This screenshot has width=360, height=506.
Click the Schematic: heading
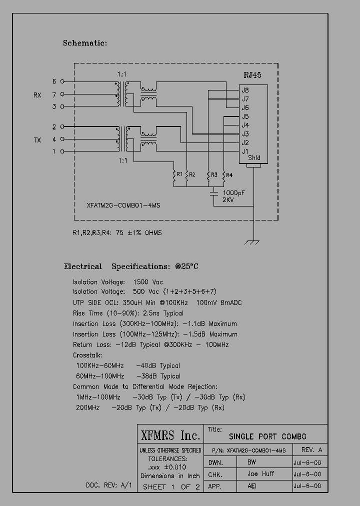coord(85,43)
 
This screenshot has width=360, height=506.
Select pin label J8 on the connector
coord(245,90)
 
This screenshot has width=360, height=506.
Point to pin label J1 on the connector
coord(245,151)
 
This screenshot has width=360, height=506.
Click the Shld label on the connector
coord(254,158)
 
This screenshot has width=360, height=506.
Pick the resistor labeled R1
coord(174,175)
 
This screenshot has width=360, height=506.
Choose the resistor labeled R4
coord(223,175)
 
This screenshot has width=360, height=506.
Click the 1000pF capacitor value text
coord(234,192)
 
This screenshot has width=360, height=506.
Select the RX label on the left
coord(37,94)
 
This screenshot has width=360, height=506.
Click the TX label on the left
coord(37,140)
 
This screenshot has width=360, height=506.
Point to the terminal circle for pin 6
coord(62,81)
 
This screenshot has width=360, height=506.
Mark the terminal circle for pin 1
coord(62,151)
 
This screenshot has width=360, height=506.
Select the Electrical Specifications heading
coord(131,266)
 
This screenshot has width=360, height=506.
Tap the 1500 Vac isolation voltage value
coord(148,282)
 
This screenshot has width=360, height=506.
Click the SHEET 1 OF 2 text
coord(171,487)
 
